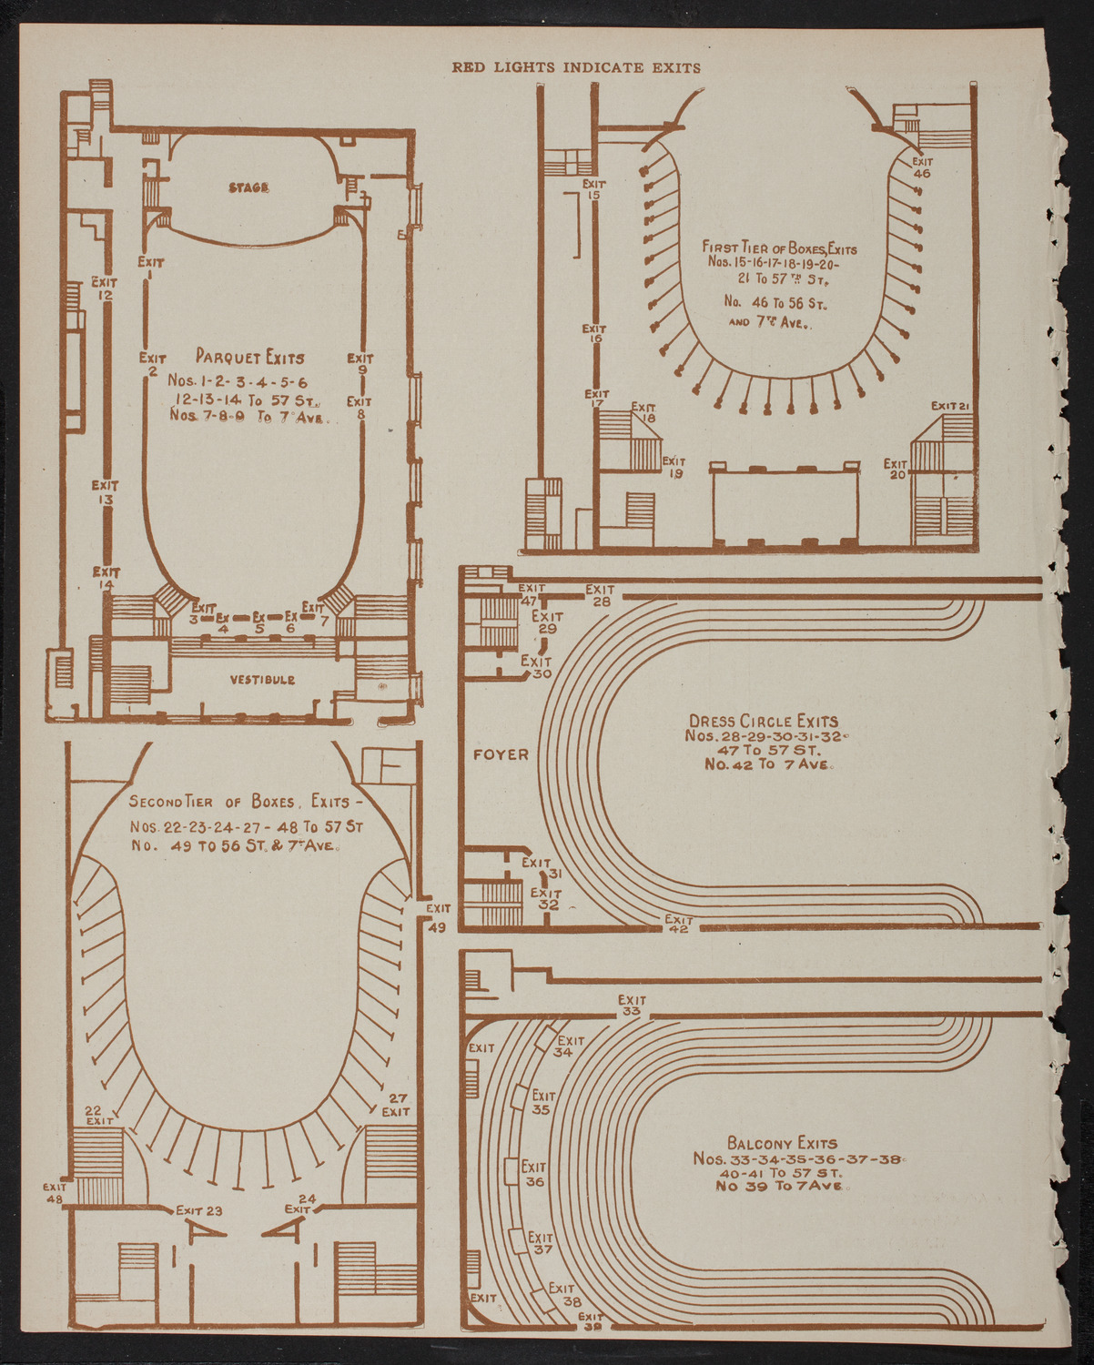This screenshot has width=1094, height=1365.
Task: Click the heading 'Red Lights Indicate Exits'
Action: tap(577, 67)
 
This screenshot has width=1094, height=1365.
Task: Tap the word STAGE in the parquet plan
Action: tap(248, 187)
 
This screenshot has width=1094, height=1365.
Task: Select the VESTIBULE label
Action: tap(262, 680)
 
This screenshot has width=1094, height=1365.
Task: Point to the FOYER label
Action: tap(501, 754)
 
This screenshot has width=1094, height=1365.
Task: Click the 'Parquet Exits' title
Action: tap(250, 358)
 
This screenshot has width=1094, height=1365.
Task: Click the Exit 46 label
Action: tap(921, 167)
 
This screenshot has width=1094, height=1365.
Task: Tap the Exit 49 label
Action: tap(438, 917)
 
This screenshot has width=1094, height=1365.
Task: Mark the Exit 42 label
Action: tap(679, 925)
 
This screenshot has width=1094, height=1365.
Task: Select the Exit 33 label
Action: tap(631, 1006)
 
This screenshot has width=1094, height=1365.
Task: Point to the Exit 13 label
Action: tap(106, 491)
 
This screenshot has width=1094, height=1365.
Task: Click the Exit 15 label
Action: tap(595, 188)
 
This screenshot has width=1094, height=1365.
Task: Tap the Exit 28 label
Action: tap(600, 595)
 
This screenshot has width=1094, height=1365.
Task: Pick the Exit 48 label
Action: tap(56, 1192)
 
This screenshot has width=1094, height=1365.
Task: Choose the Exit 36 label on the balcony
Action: tap(534, 1174)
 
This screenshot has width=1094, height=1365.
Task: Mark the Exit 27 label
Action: tap(396, 1105)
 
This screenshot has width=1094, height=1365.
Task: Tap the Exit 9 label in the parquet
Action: tap(361, 364)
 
